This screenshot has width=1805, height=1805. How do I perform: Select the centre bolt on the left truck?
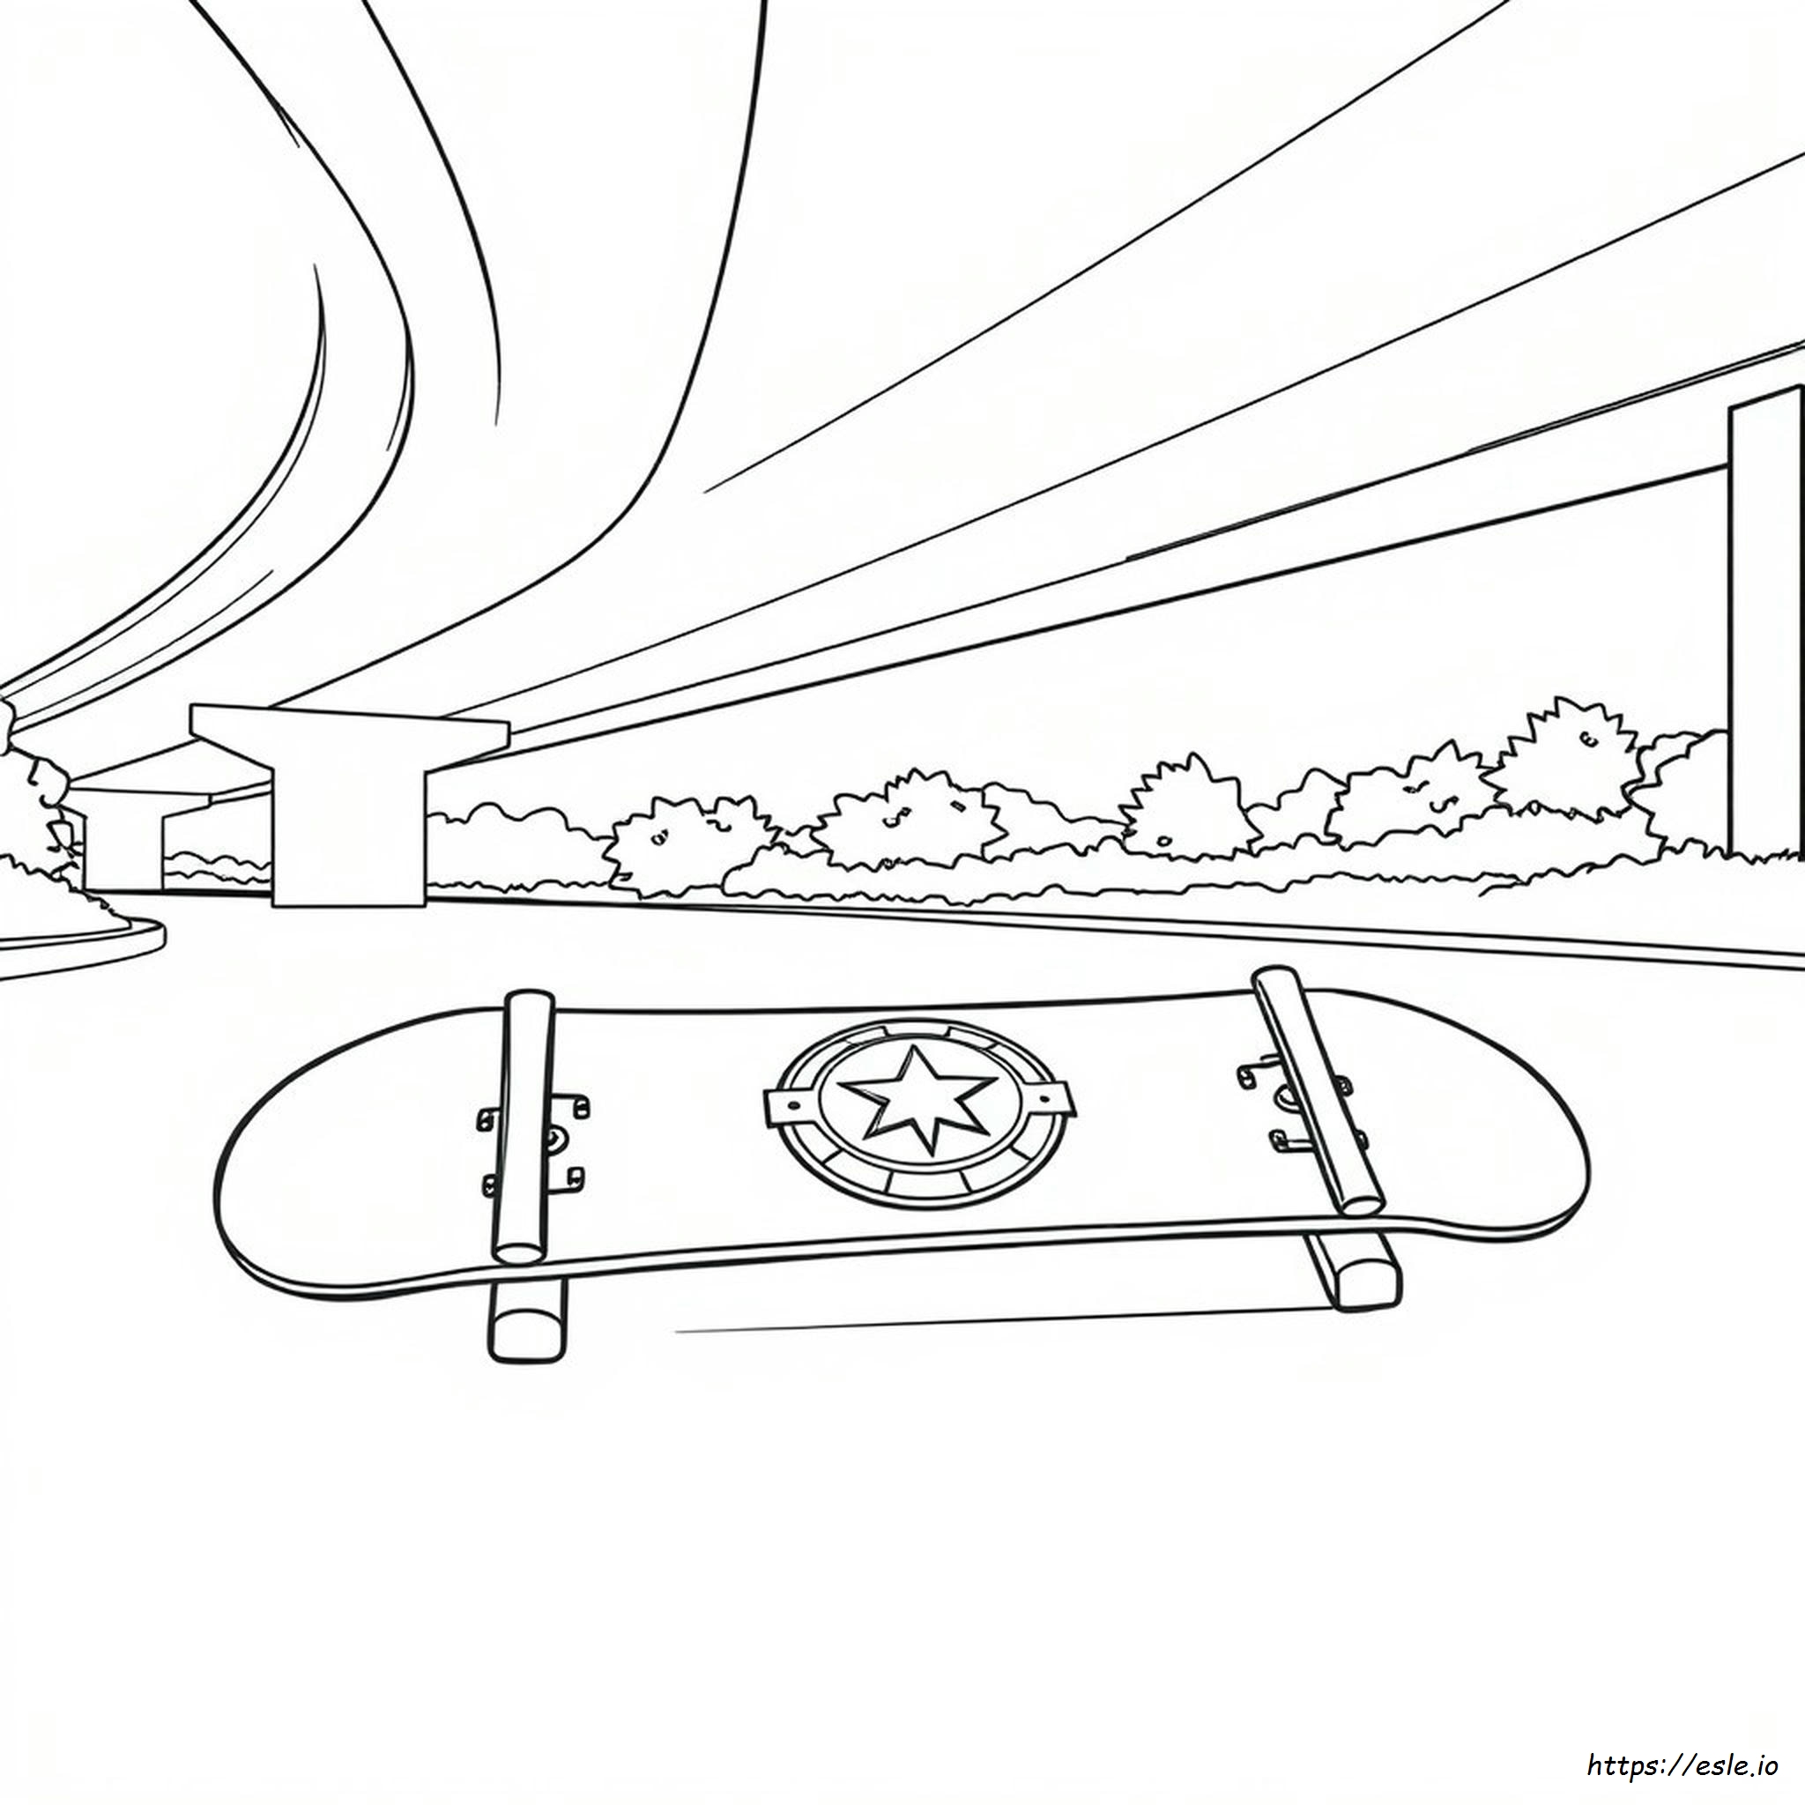pos(555,1138)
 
